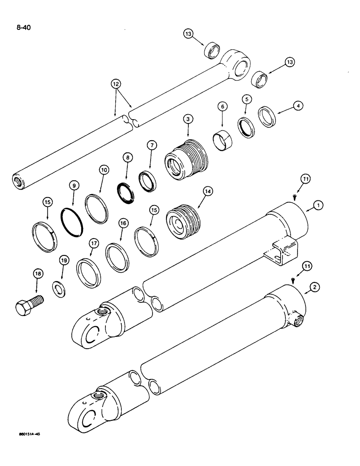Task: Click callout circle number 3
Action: point(187,120)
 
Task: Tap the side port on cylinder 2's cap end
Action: point(297,320)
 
